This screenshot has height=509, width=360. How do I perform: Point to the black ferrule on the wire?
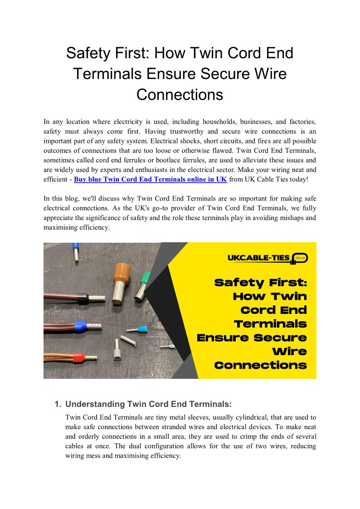[x=82, y=299]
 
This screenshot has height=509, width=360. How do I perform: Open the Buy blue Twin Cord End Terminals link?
[x=150, y=179]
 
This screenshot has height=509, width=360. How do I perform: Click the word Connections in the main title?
[x=180, y=94]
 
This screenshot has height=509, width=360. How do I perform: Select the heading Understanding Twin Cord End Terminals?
[x=149, y=404]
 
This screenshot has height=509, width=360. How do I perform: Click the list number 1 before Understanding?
[x=58, y=404]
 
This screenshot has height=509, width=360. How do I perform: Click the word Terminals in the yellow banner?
[x=270, y=324]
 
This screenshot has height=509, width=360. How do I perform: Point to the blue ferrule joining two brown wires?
[x=80, y=324]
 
